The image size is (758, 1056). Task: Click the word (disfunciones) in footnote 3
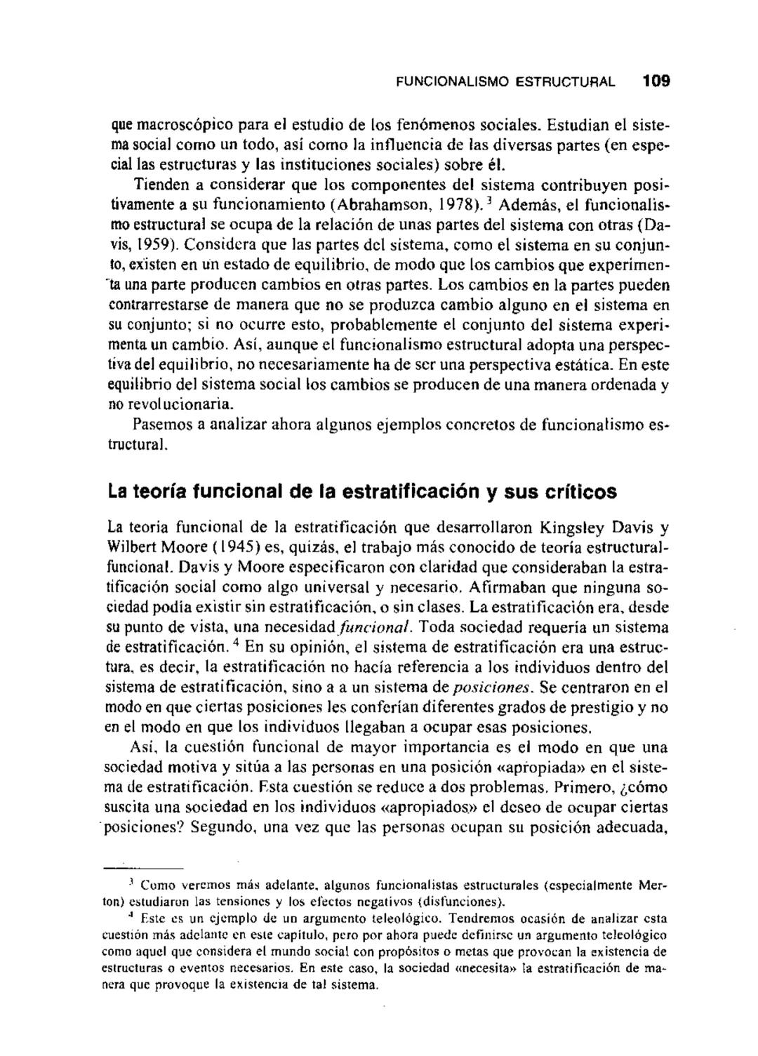[x=460, y=901]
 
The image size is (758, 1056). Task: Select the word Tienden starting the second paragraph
[x=159, y=185]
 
